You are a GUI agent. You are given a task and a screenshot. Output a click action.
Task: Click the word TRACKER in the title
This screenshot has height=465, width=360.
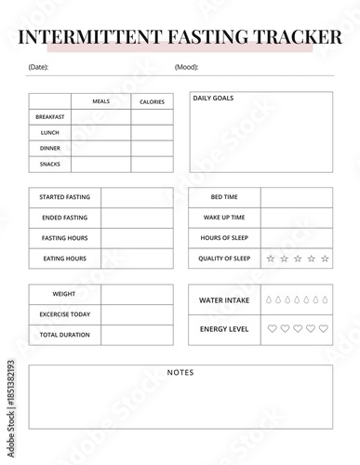[x=295, y=37]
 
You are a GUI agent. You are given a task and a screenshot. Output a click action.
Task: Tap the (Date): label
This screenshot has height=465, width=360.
[x=38, y=67]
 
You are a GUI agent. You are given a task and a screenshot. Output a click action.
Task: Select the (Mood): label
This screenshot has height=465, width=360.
[x=186, y=67]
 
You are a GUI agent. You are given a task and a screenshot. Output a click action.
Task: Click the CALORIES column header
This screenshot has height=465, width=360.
[x=152, y=101]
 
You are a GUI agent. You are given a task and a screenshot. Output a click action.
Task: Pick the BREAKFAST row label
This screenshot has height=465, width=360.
[x=50, y=117]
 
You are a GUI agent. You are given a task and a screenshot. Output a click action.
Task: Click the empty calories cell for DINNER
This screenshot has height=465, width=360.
[x=152, y=148]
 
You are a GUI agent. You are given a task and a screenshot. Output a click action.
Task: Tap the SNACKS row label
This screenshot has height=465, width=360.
[x=50, y=164]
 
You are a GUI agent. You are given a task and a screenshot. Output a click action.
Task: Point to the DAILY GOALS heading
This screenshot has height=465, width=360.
[x=213, y=98]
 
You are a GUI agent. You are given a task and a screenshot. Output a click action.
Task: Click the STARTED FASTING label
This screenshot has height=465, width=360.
[x=65, y=197]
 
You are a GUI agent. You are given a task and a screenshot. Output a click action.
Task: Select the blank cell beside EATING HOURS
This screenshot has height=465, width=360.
[x=137, y=258]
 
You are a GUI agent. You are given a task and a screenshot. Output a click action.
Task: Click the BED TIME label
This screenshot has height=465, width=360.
[x=224, y=197]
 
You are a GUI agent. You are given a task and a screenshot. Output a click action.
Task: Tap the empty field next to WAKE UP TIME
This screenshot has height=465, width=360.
[x=296, y=218]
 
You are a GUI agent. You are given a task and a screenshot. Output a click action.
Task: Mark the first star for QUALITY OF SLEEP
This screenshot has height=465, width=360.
[x=271, y=259]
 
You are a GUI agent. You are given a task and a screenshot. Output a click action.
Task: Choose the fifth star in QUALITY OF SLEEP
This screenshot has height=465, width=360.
[x=325, y=259]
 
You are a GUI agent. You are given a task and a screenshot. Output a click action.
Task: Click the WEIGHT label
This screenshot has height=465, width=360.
[x=65, y=294]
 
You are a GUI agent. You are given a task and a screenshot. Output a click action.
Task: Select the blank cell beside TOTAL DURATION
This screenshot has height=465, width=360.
[x=137, y=335]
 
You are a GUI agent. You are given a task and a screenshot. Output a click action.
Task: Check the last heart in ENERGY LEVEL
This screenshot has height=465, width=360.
[x=324, y=328]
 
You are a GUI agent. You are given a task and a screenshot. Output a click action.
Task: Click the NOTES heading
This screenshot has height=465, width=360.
[x=180, y=372]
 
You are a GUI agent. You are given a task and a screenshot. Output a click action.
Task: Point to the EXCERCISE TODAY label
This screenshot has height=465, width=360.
[x=65, y=314]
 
